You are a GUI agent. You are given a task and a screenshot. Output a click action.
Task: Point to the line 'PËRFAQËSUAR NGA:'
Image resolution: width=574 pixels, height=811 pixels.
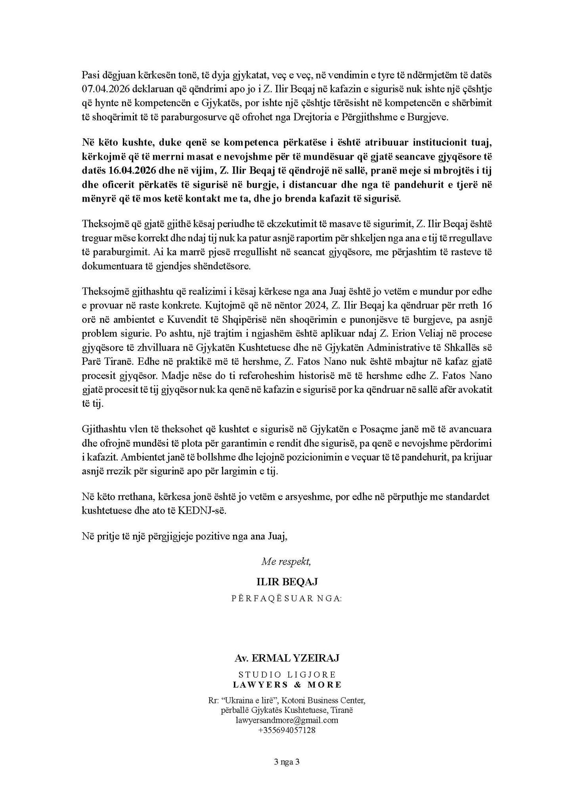tap(287, 598)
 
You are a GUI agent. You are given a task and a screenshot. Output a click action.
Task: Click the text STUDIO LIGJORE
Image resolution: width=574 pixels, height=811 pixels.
tap(287, 674)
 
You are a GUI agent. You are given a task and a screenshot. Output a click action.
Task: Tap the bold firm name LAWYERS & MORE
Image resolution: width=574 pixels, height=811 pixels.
tap(287, 685)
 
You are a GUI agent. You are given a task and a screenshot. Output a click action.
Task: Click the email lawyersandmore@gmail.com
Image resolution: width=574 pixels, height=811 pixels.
tap(287, 720)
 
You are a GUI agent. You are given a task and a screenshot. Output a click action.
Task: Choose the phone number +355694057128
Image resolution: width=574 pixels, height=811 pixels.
tap(287, 730)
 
